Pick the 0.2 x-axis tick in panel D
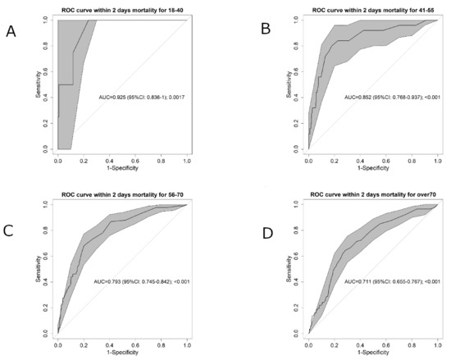click(x=335, y=345)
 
